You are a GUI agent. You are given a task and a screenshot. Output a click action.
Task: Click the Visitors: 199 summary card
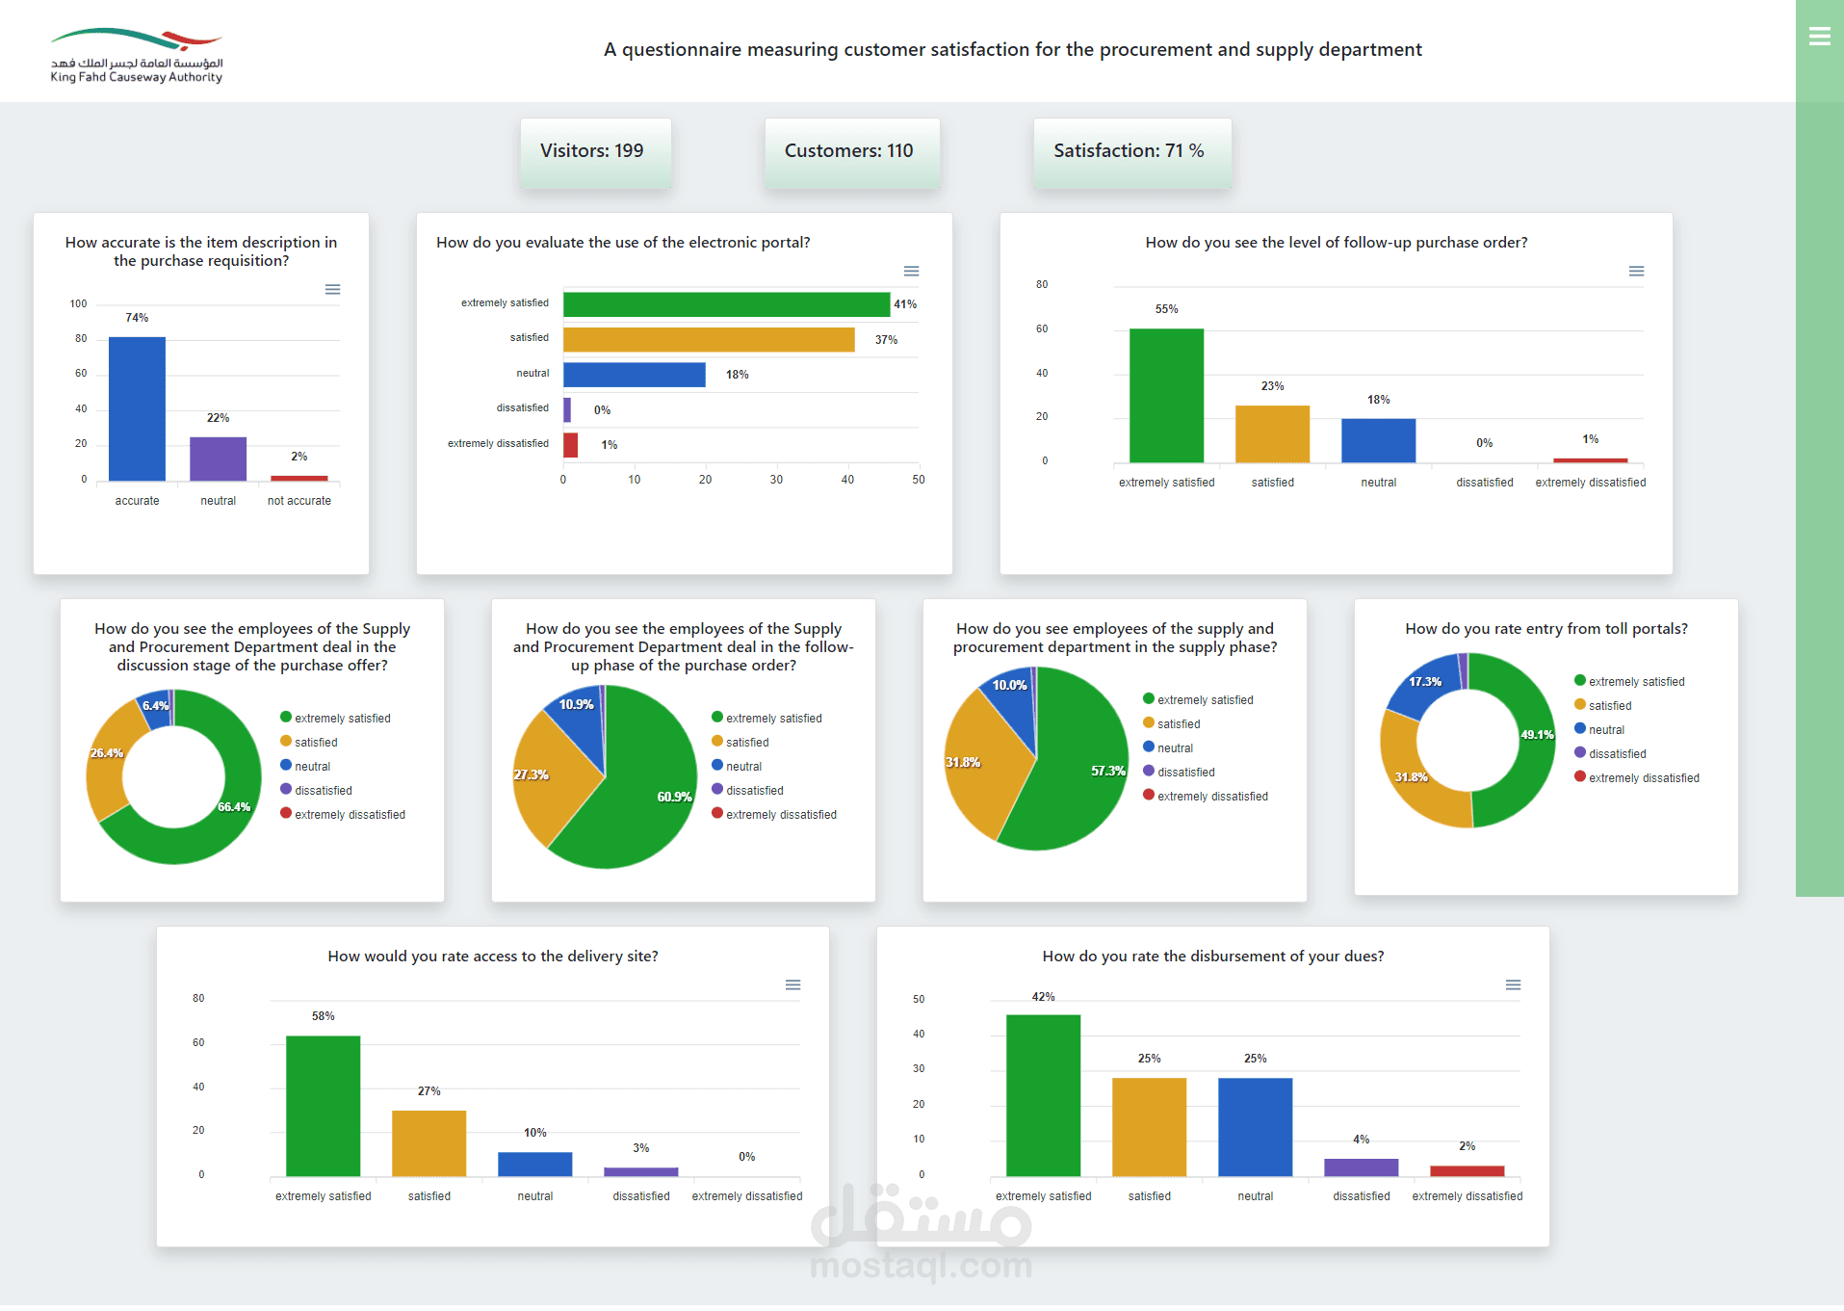coord(592,151)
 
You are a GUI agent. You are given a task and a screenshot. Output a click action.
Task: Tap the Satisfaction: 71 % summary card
coord(1130,151)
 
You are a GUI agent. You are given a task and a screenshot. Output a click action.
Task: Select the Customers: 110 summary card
coord(849,151)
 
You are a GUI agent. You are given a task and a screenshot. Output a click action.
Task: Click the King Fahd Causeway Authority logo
coord(137,56)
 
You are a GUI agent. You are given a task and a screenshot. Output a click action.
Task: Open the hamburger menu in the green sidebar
coord(1819,37)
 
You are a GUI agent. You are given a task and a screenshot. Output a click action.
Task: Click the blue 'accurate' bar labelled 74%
coord(137,408)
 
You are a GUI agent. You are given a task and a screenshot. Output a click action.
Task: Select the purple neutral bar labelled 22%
coord(218,459)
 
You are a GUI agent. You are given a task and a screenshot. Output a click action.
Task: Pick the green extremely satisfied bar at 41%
coord(726,304)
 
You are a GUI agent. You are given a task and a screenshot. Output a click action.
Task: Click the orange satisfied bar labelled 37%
coord(709,340)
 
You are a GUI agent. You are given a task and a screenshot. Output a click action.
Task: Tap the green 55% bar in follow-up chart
coord(1166,395)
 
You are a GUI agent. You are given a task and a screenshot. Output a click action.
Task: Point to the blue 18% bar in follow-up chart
coord(1378,440)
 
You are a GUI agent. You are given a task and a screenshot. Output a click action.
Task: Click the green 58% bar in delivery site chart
coord(324,1106)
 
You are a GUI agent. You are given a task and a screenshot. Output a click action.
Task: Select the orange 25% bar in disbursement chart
coord(1149,1127)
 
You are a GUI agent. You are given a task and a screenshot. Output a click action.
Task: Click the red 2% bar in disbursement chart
coord(1467,1171)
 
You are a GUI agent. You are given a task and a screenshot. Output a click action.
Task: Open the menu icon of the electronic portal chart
coord(911,272)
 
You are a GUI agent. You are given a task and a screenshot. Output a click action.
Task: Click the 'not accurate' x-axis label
coord(299,501)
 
